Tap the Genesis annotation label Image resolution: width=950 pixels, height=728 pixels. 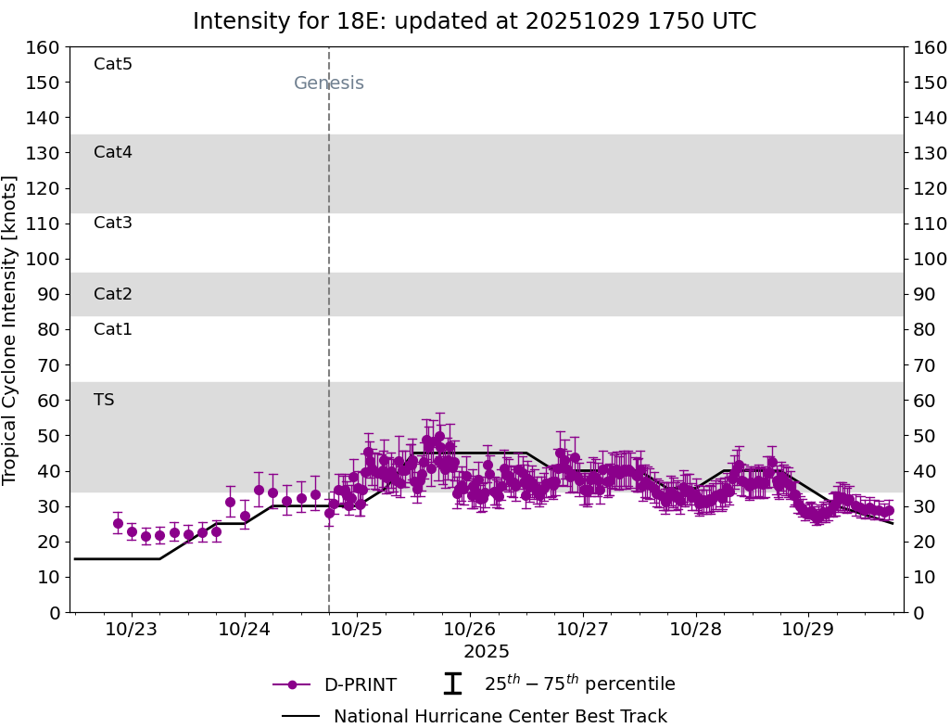tap(328, 83)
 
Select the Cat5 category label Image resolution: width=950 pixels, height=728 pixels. tap(113, 64)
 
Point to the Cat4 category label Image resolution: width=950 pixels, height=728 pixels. tap(113, 152)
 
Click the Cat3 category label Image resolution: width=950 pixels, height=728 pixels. tap(113, 223)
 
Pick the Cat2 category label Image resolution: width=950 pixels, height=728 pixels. tap(113, 294)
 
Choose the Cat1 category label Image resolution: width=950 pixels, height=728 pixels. tap(113, 329)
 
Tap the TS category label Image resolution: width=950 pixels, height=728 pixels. tap(104, 400)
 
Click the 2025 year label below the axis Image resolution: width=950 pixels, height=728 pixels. tap(487, 652)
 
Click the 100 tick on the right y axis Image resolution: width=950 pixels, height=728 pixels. tap(929, 259)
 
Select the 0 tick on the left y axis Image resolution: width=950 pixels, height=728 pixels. tap(55, 612)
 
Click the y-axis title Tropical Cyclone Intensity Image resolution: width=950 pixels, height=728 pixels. tap(11, 329)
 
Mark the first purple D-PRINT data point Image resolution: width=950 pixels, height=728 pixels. tap(118, 523)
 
